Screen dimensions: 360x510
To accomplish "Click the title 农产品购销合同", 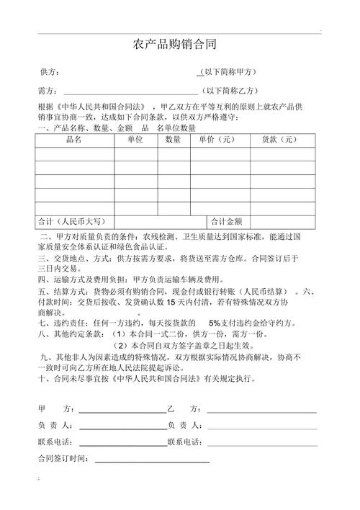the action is click(174, 45).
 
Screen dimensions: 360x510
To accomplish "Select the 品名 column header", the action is click(74, 140).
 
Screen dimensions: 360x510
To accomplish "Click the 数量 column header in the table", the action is click(173, 140).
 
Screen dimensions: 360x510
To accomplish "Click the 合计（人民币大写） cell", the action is click(74, 221).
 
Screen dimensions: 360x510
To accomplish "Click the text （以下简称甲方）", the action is click(228, 72).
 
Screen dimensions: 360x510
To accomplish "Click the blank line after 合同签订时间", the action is click(152, 461).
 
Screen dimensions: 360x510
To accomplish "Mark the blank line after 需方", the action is click(130, 93).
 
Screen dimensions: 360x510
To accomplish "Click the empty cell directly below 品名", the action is click(74, 154).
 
